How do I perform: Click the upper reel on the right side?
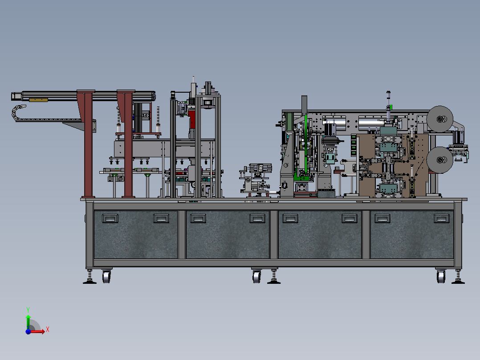(x=439, y=119)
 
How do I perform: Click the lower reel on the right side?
(x=439, y=160)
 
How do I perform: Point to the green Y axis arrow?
(x=28, y=322)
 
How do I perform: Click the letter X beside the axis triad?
(x=48, y=330)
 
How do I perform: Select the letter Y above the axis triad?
(x=28, y=310)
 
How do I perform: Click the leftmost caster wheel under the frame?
(x=106, y=276)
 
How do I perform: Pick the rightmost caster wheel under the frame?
(x=441, y=276)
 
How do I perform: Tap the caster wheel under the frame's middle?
(x=256, y=276)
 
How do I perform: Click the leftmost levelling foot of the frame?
(x=89, y=277)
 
